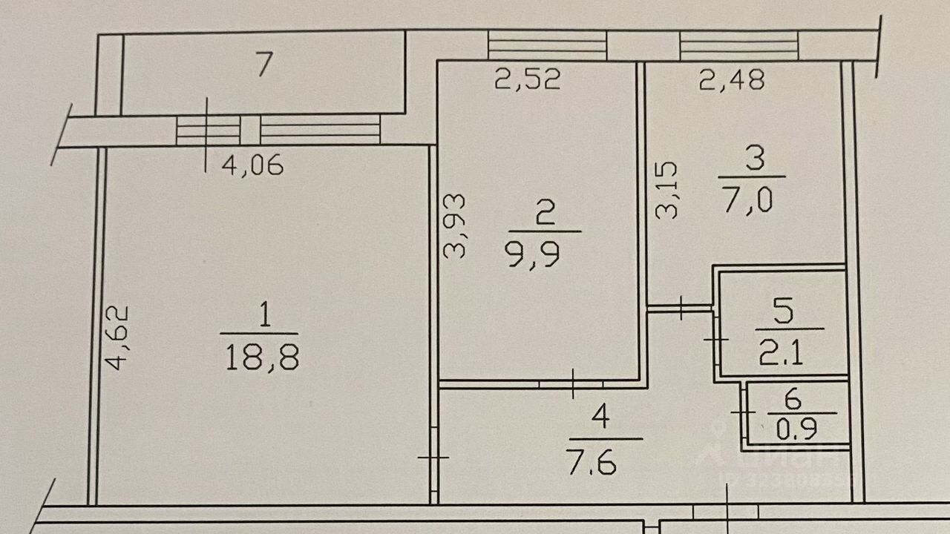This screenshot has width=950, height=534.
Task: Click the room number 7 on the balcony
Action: click(x=261, y=67)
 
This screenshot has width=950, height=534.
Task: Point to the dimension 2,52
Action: click(x=528, y=79)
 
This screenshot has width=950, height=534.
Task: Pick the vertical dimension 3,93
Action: click(x=453, y=226)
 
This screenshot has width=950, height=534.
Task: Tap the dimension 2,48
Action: click(x=732, y=79)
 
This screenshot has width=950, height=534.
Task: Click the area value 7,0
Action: click(x=747, y=200)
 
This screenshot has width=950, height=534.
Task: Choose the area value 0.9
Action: click(x=793, y=429)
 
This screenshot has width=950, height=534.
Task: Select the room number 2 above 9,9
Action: click(x=544, y=215)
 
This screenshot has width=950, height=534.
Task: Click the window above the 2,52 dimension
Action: click(x=547, y=45)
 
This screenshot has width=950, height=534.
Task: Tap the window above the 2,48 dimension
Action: click(x=739, y=45)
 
